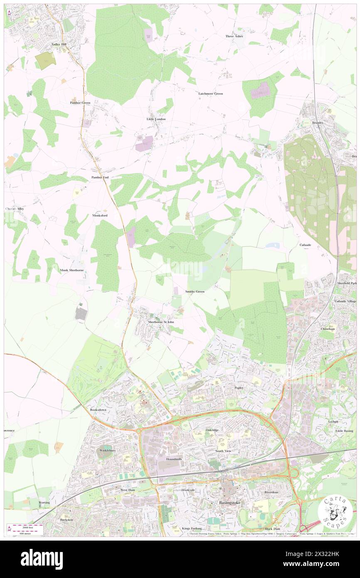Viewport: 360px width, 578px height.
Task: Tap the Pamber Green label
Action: click(80, 102)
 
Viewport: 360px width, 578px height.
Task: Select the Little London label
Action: click(156, 119)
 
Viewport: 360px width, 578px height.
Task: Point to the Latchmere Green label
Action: click(210, 94)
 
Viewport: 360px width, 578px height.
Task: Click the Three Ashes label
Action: click(234, 36)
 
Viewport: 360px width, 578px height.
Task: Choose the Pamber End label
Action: click(100, 177)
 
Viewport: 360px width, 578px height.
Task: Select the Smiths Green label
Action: click(195, 291)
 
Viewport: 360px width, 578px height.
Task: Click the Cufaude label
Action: click(305, 245)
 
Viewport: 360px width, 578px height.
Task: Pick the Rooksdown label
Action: click(98, 410)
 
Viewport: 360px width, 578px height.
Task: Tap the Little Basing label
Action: click(344, 431)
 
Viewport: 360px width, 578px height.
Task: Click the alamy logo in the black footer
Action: click(42, 558)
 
